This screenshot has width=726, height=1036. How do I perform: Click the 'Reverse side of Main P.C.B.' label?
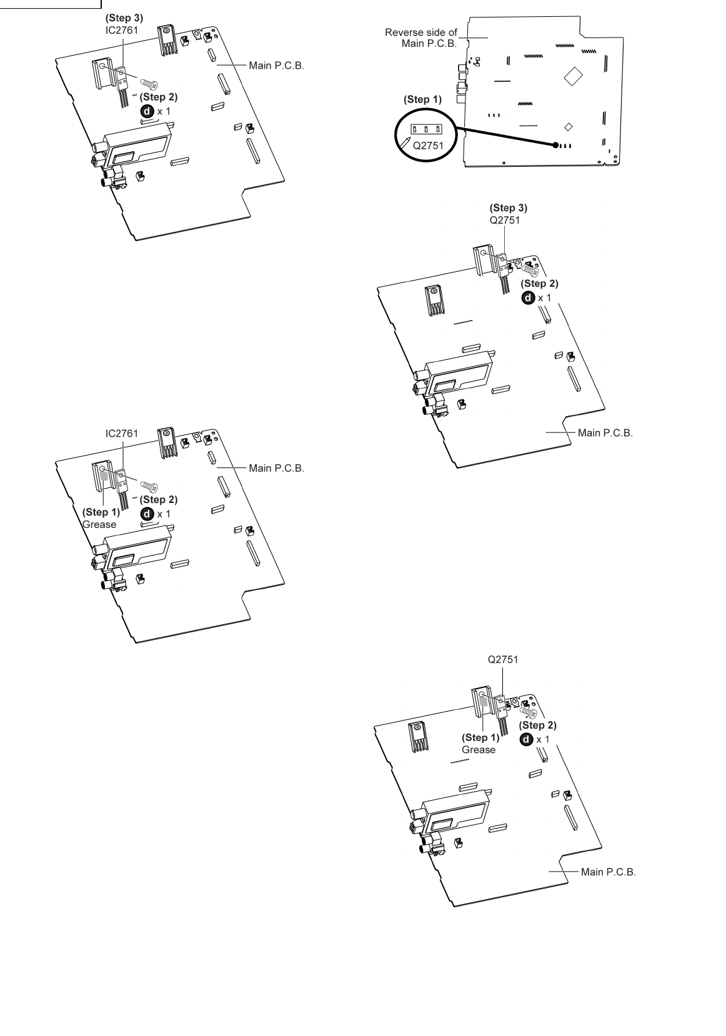pos(422,37)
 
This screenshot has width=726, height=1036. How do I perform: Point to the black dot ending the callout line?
pos(555,145)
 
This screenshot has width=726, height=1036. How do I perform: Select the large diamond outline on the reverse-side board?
pos(573,76)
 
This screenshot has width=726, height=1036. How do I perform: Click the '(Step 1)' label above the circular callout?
pos(423,99)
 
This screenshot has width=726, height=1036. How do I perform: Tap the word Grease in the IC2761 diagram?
pos(99,524)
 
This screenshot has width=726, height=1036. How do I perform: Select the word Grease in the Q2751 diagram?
pos(479,749)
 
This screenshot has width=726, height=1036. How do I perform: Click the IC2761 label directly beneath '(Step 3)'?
pos(122,29)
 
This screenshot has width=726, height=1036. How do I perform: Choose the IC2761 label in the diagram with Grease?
pos(122,432)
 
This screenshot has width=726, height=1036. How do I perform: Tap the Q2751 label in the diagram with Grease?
pos(503,659)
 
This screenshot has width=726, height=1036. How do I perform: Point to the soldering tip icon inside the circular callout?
pos(407,142)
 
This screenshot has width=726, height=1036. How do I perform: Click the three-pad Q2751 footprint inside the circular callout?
pos(425,129)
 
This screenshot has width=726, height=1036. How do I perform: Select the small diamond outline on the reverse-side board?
pos(568,127)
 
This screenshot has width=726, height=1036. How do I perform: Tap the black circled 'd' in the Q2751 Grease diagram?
pos(527,739)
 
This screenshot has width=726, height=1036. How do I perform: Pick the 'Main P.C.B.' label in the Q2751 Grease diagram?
pos(608,872)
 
